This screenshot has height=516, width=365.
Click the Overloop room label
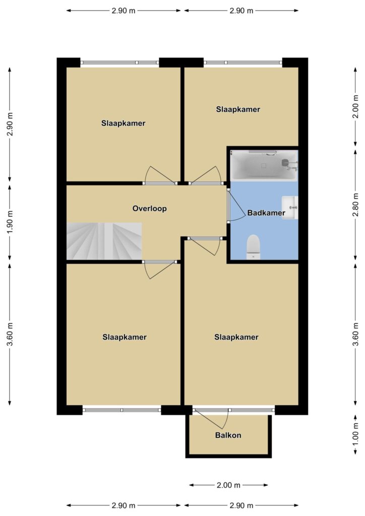pos(149,209)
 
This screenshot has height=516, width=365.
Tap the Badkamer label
pos(266,213)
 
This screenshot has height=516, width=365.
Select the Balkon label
pos(228,435)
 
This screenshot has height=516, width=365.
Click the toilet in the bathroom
pos(254,247)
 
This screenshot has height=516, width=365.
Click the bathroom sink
pos(289,207)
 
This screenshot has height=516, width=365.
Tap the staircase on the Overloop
pos(104,241)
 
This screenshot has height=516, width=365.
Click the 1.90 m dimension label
pos(10,222)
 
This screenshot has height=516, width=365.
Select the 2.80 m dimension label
pos(355,205)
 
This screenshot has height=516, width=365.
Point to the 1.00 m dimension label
pos(355,434)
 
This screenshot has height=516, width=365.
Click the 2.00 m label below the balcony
pos(228,485)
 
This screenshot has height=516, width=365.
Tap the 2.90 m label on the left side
pos(10,124)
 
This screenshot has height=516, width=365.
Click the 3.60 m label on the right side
pos(355,335)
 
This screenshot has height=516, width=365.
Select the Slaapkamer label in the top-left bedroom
pos(124,123)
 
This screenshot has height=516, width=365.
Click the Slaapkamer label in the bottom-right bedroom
pos(236,337)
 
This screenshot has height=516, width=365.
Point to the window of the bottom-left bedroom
pos(122,410)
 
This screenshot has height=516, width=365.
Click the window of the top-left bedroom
pos(120,62)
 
